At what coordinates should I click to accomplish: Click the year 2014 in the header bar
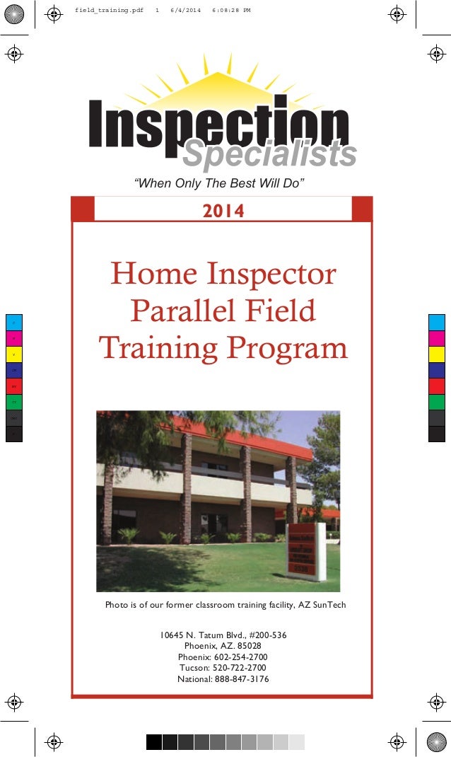(223, 211)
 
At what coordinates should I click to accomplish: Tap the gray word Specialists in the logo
(269, 155)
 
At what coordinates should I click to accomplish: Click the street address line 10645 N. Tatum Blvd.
(223, 635)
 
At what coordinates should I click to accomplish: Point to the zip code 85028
(247, 646)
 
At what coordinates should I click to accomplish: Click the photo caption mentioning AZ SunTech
(225, 605)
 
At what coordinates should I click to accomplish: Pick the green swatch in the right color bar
(437, 402)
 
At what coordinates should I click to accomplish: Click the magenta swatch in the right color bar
(437, 339)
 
